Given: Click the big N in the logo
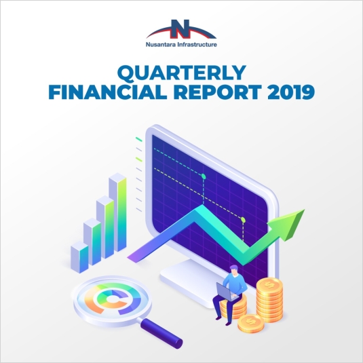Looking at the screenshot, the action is [180, 29].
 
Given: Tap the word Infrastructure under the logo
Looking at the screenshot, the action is [197, 45].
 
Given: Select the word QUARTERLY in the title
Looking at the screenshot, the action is [182, 73].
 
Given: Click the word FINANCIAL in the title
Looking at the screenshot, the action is [108, 92].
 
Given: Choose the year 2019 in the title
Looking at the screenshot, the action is [291, 92].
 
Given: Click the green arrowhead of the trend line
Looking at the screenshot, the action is [289, 224].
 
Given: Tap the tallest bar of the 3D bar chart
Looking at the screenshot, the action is [117, 212].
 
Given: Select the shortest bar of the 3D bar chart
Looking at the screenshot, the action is [79, 257].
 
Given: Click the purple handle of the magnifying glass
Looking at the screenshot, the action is [161, 333].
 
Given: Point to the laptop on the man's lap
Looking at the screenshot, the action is [227, 292].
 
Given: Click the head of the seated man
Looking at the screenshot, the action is [234, 270].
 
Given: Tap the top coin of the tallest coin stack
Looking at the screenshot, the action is [269, 284].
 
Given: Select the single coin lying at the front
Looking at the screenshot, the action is [251, 323].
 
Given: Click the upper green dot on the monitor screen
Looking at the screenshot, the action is [204, 176].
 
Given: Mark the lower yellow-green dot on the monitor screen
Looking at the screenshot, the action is [243, 219].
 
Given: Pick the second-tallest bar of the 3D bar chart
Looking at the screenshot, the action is [105, 227].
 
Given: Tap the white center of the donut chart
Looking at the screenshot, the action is [113, 299].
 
